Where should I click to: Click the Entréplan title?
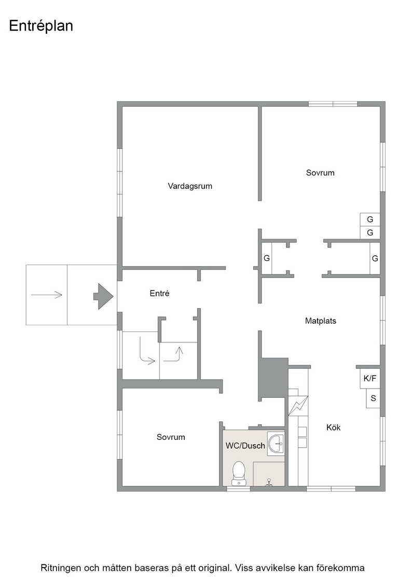[41, 26]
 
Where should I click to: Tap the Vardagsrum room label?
[190, 186]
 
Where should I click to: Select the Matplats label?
[321, 321]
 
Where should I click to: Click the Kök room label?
[334, 427]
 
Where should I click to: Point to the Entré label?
[160, 293]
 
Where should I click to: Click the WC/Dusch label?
[245, 446]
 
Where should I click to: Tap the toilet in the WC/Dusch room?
[239, 473]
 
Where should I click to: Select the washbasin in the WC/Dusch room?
[276, 443]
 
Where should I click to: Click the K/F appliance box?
[370, 378]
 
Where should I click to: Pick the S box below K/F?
[373, 398]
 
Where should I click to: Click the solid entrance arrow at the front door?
[103, 296]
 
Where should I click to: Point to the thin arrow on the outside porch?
[47, 295]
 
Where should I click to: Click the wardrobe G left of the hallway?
[266, 258]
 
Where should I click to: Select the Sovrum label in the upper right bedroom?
[320, 173]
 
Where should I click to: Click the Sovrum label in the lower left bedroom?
[171, 437]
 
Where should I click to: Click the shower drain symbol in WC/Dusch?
[269, 482]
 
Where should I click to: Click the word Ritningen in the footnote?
[61, 568]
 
